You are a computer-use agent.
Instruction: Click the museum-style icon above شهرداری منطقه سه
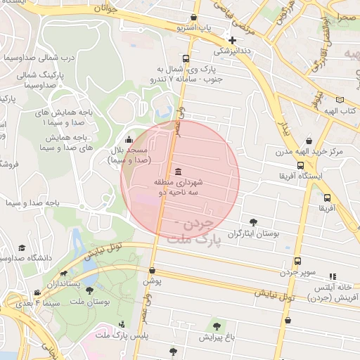click(177, 172)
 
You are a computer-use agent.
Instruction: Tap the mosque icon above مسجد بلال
click(127, 141)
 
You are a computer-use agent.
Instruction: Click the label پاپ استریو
click(194, 28)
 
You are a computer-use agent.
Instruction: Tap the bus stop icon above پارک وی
click(185, 59)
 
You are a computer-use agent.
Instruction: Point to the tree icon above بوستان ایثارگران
click(253, 222)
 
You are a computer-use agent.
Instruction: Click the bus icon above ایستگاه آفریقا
click(301, 166)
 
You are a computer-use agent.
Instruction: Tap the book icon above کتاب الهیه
click(340, 101)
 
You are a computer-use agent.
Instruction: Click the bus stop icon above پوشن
click(151, 270)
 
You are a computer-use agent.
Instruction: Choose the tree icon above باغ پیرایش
click(217, 326)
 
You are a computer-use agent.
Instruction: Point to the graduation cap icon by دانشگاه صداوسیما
click(22, 248)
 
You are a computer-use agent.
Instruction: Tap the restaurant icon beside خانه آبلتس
click(333, 277)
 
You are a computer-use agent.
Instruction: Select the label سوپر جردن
click(300, 271)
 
